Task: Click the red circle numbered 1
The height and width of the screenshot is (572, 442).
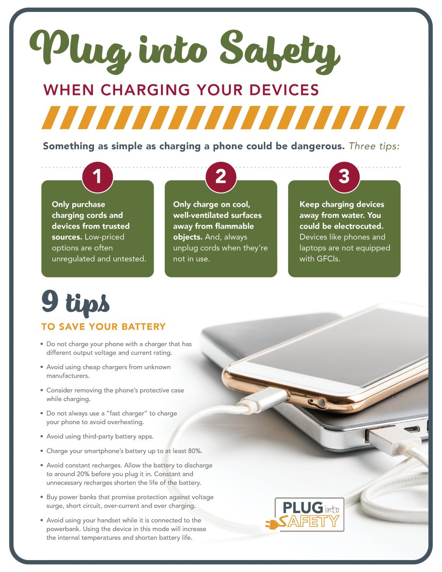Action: [97, 176]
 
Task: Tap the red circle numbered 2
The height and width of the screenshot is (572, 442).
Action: [221, 176]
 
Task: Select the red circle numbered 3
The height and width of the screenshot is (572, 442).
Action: [344, 176]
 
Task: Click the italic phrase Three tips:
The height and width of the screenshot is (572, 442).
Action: [374, 146]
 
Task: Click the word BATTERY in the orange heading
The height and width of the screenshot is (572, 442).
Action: [143, 327]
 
